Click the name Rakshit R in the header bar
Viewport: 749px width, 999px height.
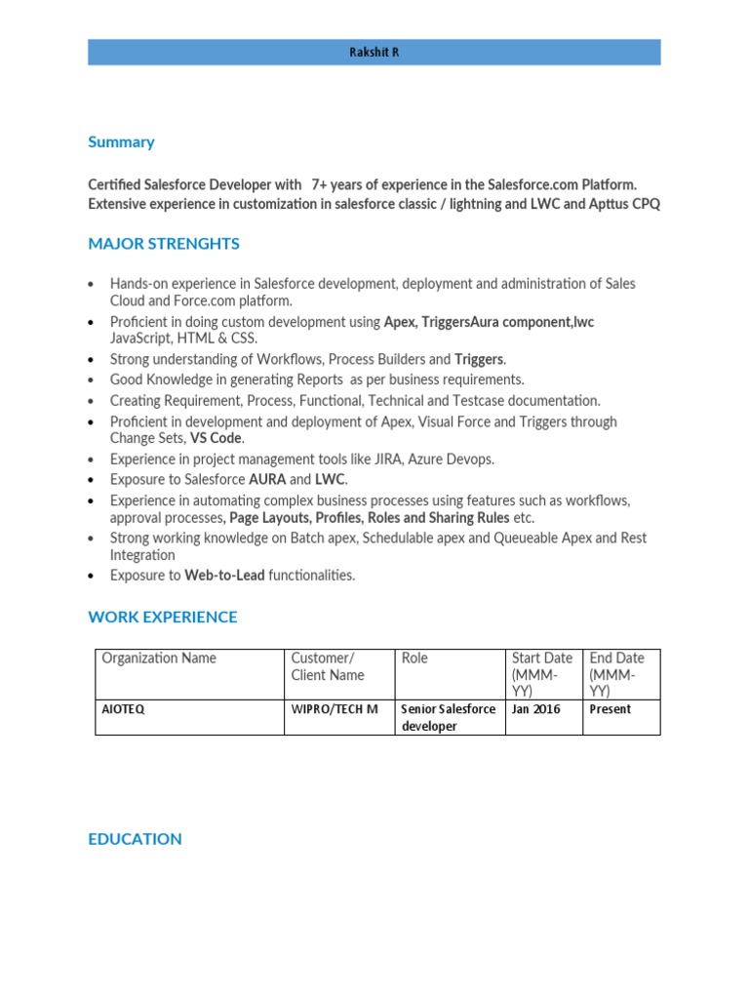click(x=374, y=53)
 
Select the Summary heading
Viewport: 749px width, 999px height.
click(x=121, y=141)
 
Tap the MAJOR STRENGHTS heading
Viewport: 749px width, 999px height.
click(x=163, y=243)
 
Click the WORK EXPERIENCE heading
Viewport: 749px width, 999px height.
click(x=162, y=617)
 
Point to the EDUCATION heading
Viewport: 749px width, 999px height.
click(x=135, y=839)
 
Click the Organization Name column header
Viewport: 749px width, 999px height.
click(x=159, y=658)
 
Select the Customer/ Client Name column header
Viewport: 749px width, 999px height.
click(x=327, y=666)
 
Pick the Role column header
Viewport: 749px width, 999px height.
click(x=414, y=658)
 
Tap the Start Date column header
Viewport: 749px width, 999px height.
click(x=541, y=674)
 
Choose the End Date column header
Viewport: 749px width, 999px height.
click(x=616, y=674)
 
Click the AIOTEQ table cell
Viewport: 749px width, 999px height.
click(x=123, y=709)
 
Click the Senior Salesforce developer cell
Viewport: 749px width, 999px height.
click(x=449, y=717)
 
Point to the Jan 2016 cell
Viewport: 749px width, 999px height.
click(x=536, y=709)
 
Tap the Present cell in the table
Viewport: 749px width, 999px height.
click(x=611, y=709)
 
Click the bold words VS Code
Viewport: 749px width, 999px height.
click(x=216, y=438)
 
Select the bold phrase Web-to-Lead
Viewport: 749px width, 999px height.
click(x=226, y=576)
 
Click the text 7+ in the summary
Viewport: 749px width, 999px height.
click(x=319, y=184)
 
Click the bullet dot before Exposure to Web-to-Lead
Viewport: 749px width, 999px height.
click(x=91, y=577)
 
